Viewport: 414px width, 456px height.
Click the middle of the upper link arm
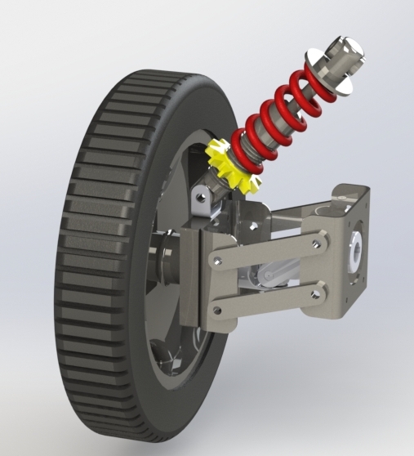269,251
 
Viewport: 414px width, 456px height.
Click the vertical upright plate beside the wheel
193,278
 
